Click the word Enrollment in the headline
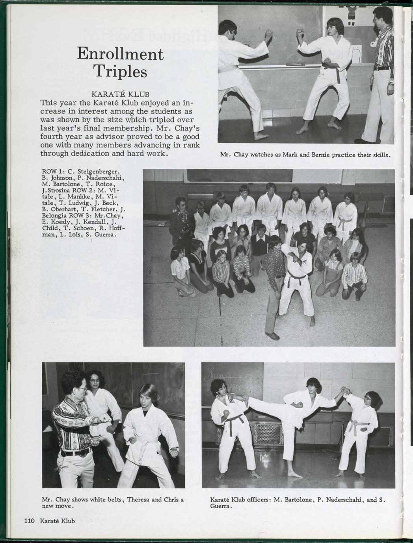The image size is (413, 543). pos(120,54)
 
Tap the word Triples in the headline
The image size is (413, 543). pos(120,72)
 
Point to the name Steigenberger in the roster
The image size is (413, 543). pos(96,172)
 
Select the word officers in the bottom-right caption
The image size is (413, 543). pos(256,500)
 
